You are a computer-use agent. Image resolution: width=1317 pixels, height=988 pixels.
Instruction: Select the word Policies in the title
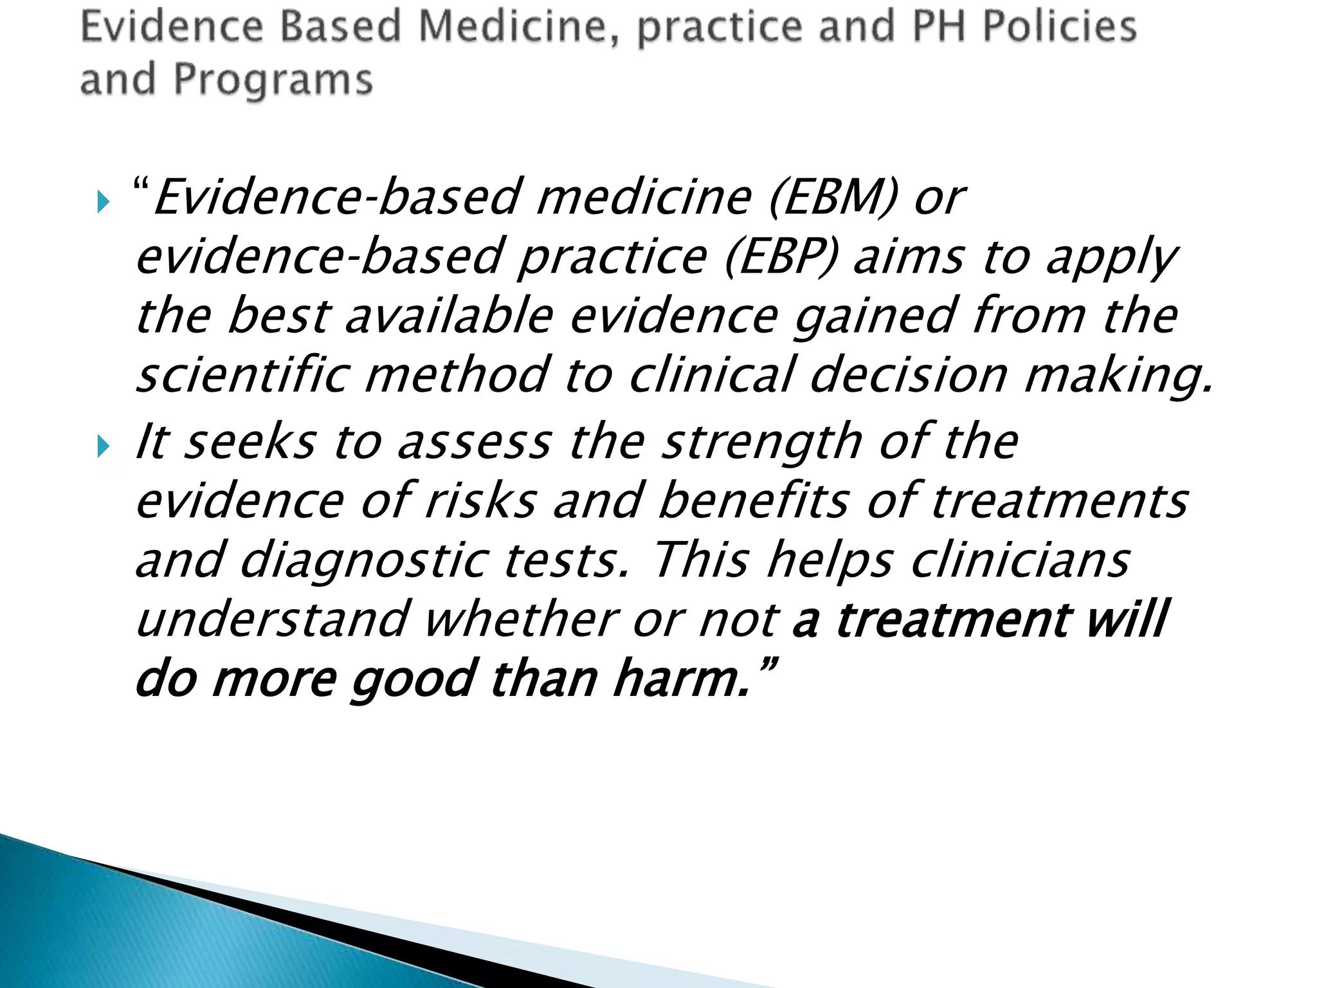[x=1060, y=27]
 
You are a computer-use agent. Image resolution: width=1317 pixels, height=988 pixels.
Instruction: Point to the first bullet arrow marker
[x=104, y=202]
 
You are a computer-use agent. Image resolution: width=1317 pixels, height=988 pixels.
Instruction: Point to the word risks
[x=480, y=500]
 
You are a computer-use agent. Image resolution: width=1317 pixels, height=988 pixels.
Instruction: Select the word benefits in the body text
[x=753, y=500]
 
